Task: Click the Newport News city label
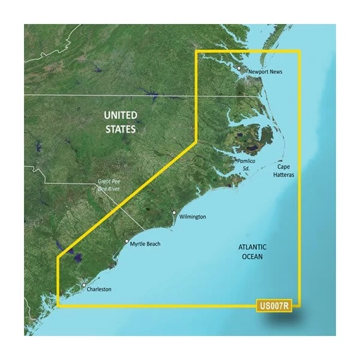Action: point(265,72)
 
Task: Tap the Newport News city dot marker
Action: point(239,68)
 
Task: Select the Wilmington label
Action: point(193,217)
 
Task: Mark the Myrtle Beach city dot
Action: point(126,241)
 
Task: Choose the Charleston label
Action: point(99,289)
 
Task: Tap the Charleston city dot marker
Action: point(83,287)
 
